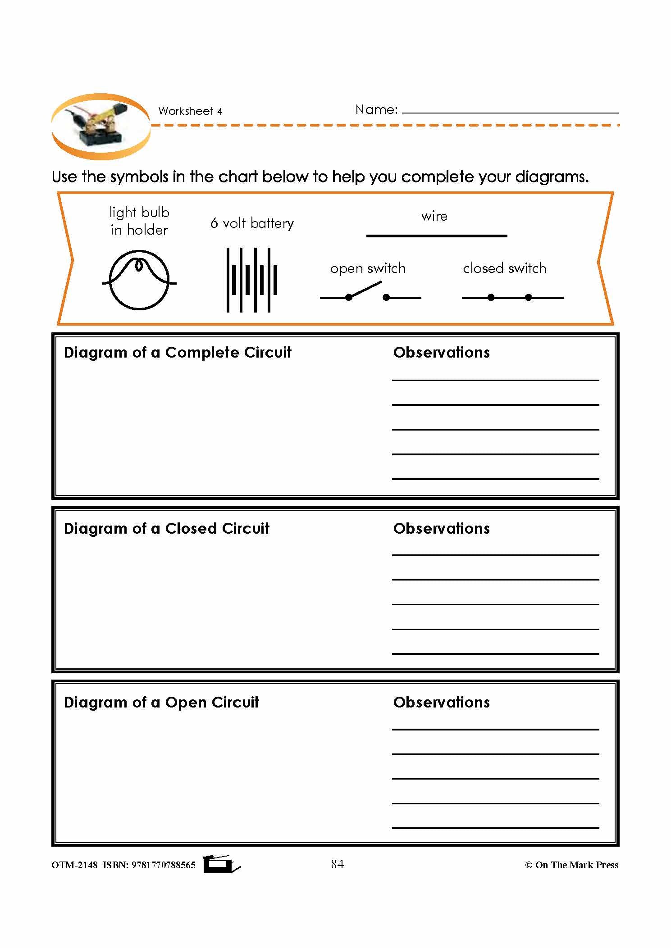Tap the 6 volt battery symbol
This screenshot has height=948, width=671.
(251, 280)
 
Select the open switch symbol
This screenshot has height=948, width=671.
(370, 293)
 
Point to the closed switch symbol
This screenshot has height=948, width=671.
(512, 297)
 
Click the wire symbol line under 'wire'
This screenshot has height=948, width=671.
(436, 236)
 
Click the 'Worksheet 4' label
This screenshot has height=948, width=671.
(190, 111)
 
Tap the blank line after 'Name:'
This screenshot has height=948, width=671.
(510, 111)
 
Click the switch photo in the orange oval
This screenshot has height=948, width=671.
(100, 127)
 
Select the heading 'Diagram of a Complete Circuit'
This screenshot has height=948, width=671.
(178, 352)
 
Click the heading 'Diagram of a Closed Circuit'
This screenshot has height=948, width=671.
(167, 528)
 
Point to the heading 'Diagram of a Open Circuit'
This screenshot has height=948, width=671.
(161, 702)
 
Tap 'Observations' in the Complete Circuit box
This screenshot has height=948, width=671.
(441, 352)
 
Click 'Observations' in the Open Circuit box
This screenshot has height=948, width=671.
(441, 702)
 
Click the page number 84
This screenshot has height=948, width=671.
(337, 864)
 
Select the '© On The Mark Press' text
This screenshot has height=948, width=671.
(571, 865)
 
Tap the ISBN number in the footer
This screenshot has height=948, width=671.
(163, 865)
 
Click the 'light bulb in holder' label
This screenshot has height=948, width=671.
(139, 221)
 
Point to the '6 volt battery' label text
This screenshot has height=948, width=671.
(252, 223)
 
